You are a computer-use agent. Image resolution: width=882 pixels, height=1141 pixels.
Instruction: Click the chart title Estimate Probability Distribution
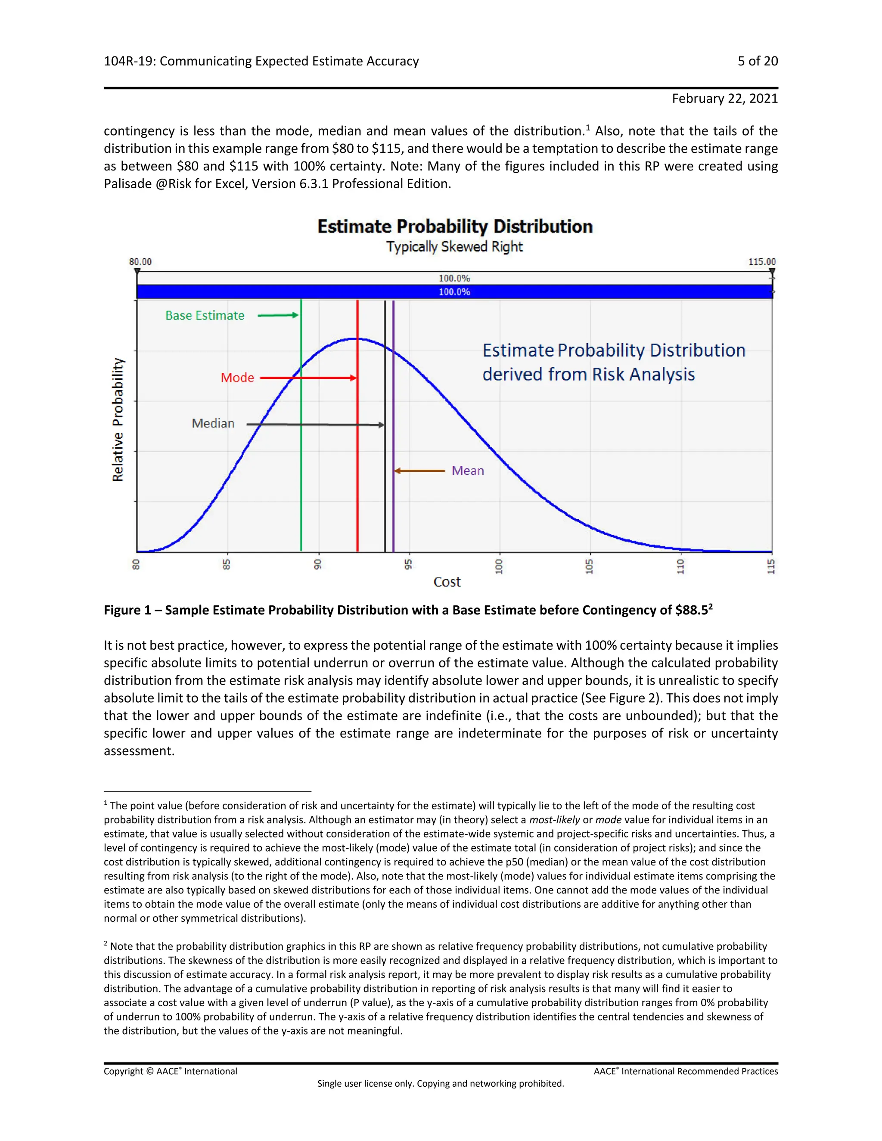tap(455, 227)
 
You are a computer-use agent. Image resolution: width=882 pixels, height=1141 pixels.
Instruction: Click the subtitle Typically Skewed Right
tap(455, 247)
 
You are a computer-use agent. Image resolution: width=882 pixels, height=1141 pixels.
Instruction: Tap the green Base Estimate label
tap(205, 316)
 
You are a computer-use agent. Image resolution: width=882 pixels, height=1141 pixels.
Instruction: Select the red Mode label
tap(237, 378)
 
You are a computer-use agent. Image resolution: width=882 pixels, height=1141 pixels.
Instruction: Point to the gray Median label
tap(213, 423)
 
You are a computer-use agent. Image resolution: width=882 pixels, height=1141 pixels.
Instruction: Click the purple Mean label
tap(468, 471)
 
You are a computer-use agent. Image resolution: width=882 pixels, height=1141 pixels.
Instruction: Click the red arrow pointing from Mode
tap(308, 378)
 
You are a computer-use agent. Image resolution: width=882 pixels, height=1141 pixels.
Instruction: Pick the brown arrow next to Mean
tap(419, 471)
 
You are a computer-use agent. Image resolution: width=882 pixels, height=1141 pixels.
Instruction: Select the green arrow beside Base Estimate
tap(278, 315)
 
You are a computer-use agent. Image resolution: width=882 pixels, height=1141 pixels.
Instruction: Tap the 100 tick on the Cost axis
tap(499, 566)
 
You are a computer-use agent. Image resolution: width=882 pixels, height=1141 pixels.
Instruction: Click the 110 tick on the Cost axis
tap(680, 566)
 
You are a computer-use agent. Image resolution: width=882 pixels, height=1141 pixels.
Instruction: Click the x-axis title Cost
tap(447, 582)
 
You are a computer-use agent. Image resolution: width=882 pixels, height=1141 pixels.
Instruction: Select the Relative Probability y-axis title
tap(118, 419)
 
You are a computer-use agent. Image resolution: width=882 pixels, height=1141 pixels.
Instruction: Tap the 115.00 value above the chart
tap(762, 262)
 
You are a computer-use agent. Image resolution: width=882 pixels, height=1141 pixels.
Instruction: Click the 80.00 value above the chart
tap(140, 262)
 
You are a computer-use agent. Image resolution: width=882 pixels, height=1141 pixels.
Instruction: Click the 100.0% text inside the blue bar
tap(454, 292)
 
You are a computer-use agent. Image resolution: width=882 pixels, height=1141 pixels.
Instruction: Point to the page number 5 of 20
tap(758, 61)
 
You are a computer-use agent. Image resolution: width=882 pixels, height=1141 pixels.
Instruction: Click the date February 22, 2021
tap(725, 99)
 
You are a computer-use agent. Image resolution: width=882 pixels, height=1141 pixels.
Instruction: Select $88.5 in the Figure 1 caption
tap(691, 610)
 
